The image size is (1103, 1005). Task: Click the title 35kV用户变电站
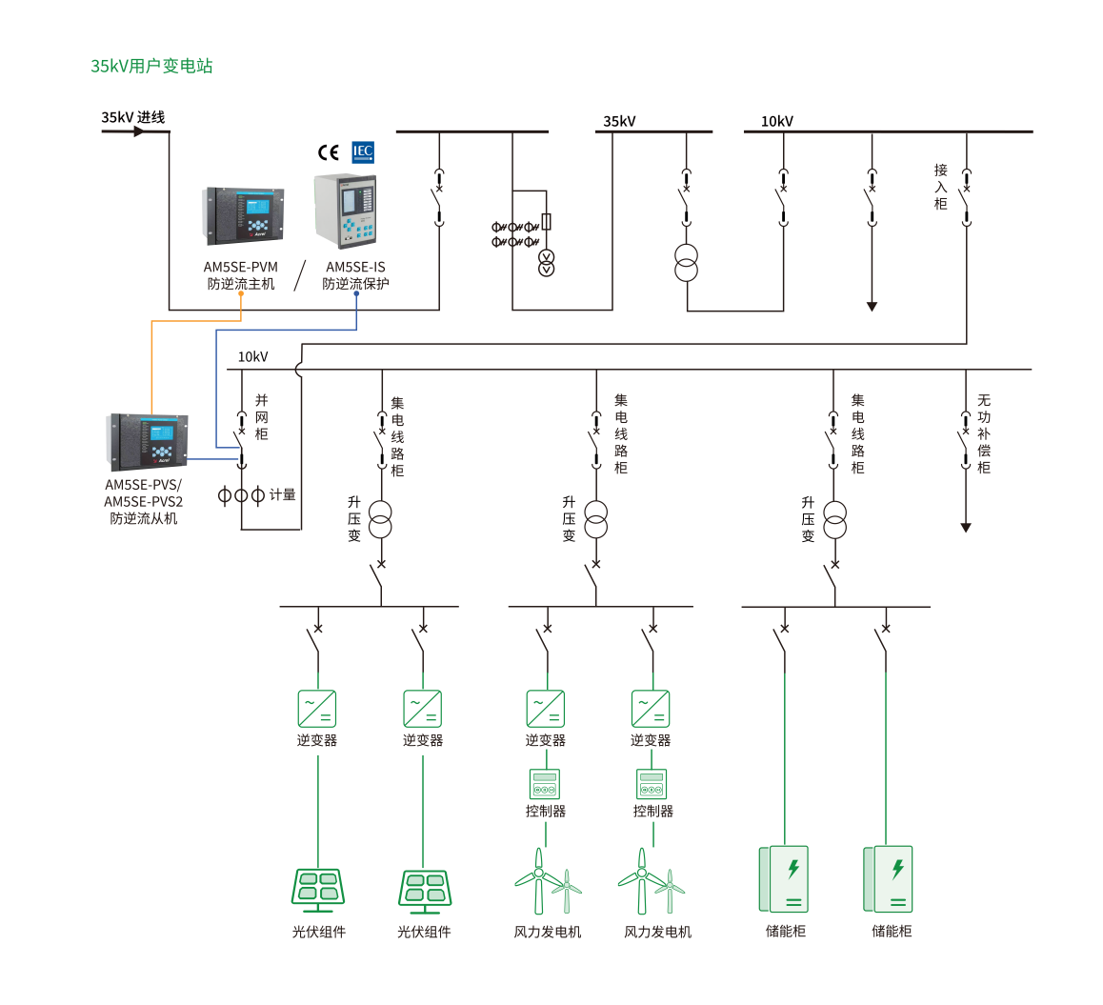click(x=151, y=66)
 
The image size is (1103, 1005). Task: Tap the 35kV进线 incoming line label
click(x=133, y=117)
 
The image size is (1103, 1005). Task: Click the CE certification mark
click(x=329, y=152)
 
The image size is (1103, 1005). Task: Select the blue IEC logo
click(x=363, y=151)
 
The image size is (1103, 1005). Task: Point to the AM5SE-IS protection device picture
click(x=345, y=211)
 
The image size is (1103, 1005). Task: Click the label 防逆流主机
click(x=241, y=284)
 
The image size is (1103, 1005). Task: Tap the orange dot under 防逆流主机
click(x=241, y=294)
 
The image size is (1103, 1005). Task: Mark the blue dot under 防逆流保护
click(x=356, y=294)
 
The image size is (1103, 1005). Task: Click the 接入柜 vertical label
click(x=941, y=187)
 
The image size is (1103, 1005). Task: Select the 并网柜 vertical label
click(x=262, y=417)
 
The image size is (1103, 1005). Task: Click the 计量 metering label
click(x=283, y=494)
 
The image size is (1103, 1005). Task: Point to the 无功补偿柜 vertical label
click(x=984, y=433)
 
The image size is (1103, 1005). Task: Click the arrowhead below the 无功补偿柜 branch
click(x=966, y=527)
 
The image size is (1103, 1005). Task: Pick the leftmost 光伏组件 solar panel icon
click(x=318, y=890)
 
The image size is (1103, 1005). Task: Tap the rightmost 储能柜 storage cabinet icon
click(x=888, y=879)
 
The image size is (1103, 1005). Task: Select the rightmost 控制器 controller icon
click(x=652, y=784)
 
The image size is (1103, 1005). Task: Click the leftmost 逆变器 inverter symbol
click(x=317, y=709)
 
